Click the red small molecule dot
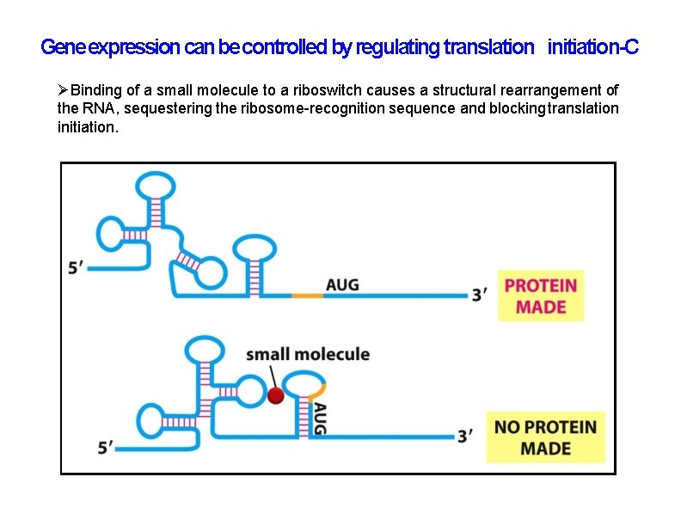click(275, 395)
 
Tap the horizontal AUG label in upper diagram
click(342, 284)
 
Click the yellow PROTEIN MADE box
click(541, 296)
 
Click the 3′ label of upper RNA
click(480, 295)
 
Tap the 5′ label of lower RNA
click(106, 448)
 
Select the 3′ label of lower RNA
click(465, 437)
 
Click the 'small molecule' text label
click(308, 354)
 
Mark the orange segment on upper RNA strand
click(307, 295)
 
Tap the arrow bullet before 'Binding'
click(63, 90)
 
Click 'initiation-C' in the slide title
click(592, 47)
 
